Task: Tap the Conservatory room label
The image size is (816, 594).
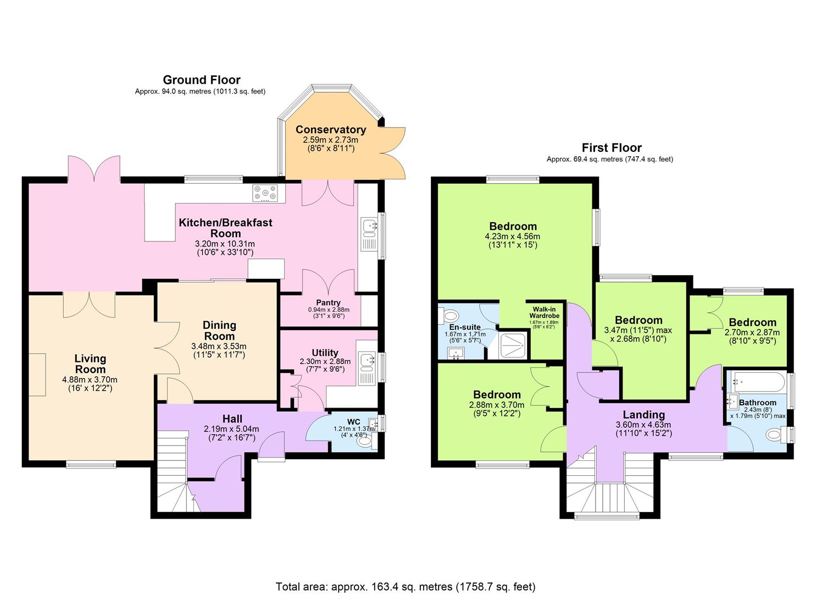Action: (x=330, y=130)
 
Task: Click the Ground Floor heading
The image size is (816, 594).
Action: (x=201, y=80)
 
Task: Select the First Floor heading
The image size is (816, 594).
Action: (x=611, y=148)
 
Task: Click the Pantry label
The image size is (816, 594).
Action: (x=328, y=302)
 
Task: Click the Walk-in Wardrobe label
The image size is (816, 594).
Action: (x=544, y=312)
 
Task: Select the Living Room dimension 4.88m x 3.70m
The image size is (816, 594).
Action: (x=90, y=380)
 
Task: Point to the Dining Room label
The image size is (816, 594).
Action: (x=219, y=331)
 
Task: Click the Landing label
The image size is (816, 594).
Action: (x=643, y=415)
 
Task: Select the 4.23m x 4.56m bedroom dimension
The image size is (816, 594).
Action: (x=513, y=237)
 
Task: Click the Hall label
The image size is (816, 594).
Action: (x=232, y=419)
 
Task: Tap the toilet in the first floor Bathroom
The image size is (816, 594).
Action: (x=773, y=435)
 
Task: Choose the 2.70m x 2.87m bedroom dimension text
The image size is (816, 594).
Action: (x=752, y=332)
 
